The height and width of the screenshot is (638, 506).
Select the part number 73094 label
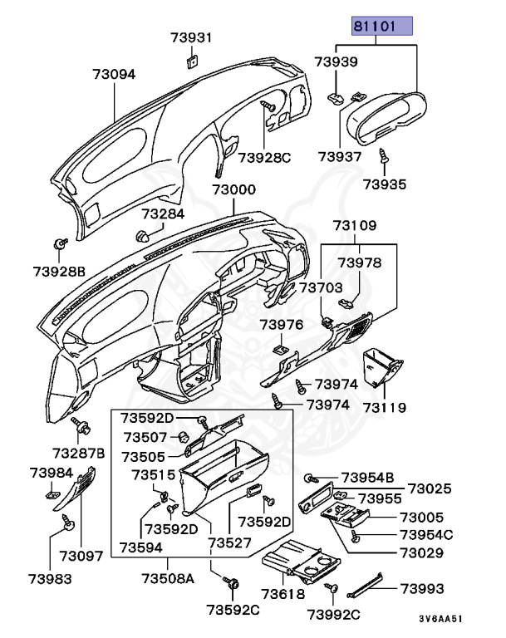113,75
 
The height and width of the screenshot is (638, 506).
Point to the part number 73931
192,38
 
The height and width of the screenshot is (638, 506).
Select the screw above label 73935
383,155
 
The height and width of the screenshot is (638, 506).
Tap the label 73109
356,225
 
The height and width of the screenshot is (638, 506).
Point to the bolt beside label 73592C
232,586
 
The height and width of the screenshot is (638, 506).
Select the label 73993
422,588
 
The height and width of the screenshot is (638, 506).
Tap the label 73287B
78,453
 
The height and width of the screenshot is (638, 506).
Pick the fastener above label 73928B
61,243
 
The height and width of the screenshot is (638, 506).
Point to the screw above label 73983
70,523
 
